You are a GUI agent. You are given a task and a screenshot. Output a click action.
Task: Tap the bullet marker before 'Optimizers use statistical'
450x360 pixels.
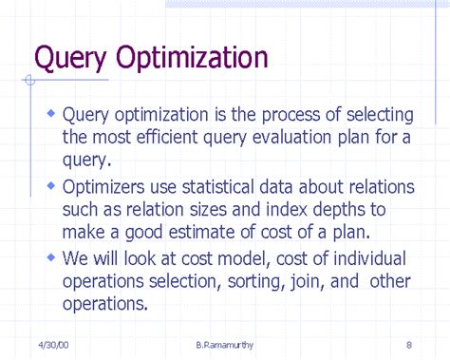click(x=50, y=184)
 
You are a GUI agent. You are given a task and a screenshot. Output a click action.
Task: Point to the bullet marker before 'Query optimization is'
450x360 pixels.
click(x=50, y=113)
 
